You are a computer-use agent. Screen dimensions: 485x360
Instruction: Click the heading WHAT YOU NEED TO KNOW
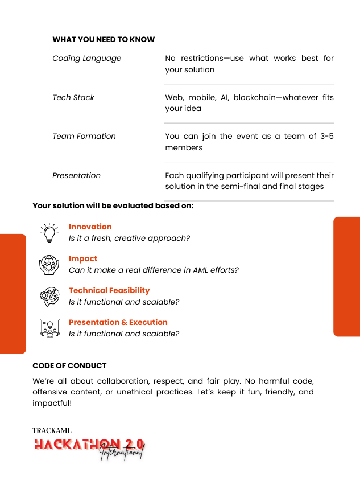(x=104, y=40)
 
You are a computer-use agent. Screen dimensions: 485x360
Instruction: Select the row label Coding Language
(x=86, y=58)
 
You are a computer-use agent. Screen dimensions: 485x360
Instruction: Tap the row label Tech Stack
(x=73, y=97)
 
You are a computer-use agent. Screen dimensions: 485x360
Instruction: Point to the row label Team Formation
(x=84, y=136)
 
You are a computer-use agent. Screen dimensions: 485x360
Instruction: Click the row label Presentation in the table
(x=76, y=175)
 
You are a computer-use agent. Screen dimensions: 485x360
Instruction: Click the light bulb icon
(x=49, y=233)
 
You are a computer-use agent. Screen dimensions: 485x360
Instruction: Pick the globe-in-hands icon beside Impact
(x=49, y=264)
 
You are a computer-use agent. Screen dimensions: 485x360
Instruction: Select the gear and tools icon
(x=49, y=296)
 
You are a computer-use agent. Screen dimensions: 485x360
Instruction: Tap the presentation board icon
(x=49, y=328)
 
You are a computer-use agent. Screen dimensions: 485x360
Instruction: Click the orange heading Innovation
(x=90, y=227)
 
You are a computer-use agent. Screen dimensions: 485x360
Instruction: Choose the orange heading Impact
(x=83, y=258)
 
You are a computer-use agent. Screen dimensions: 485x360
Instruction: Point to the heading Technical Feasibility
(x=109, y=290)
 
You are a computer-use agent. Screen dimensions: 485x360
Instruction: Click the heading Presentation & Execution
(x=118, y=322)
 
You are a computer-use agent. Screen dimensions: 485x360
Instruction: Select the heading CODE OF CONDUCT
(x=69, y=365)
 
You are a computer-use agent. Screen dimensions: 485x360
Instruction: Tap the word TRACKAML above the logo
(x=52, y=431)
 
